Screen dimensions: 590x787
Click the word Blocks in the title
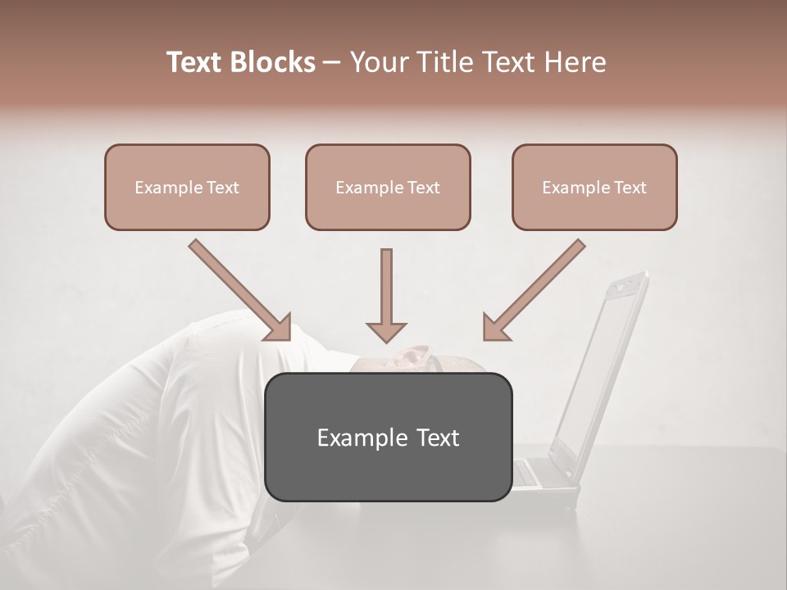coord(274,62)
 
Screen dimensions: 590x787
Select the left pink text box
coord(187,187)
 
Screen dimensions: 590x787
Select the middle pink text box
coord(388,187)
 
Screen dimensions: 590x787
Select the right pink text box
coord(594,187)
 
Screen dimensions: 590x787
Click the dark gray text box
coord(389,437)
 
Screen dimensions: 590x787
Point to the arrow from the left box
coord(238,288)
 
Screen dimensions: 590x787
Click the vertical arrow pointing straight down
coord(386,295)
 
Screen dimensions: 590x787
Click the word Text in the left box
coord(222,188)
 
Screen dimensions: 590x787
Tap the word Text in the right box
coord(630,188)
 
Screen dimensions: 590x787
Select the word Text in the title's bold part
coord(197,62)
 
